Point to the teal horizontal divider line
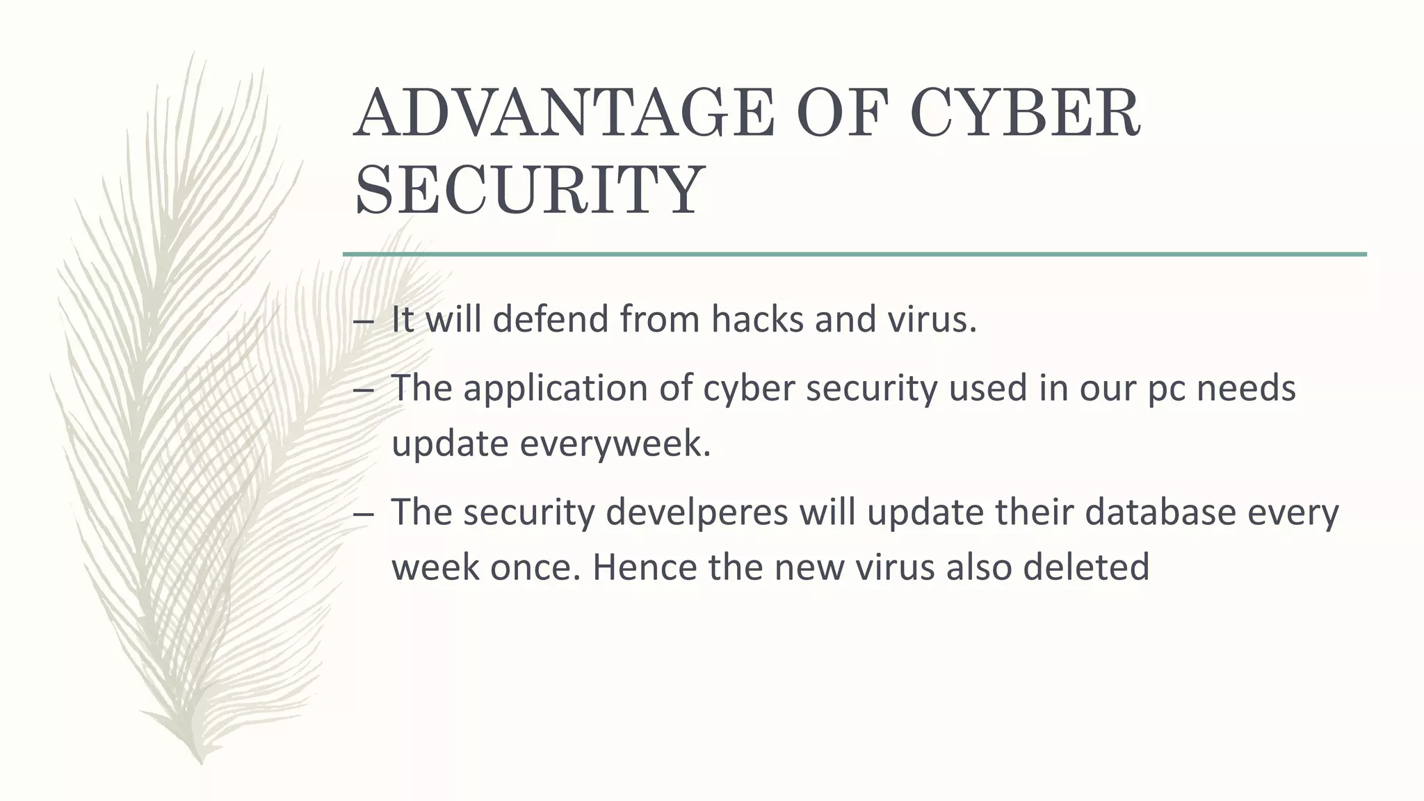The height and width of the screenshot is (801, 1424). [x=855, y=254]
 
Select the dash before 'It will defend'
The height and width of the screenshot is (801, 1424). [x=363, y=323]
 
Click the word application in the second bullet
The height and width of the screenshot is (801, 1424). [x=556, y=388]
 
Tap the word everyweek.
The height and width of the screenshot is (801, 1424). [x=615, y=444]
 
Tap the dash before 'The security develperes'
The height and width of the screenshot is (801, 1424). [x=363, y=515]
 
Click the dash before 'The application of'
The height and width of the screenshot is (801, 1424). [x=363, y=391]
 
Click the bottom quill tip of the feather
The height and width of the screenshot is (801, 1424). [x=200, y=761]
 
